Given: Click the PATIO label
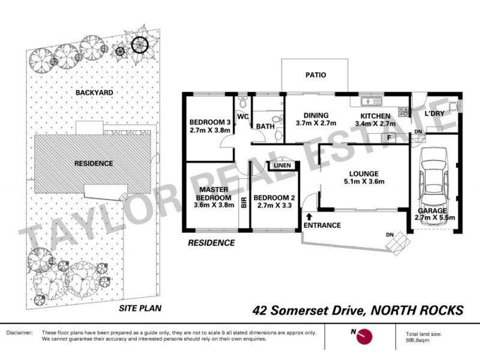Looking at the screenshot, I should click(315, 76).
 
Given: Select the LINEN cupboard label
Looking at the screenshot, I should click(282, 166).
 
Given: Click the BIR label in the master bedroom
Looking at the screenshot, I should click(244, 203).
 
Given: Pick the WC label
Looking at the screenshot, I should click(243, 116).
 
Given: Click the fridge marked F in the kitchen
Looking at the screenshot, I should click(389, 137).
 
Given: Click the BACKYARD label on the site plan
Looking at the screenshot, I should click(94, 93).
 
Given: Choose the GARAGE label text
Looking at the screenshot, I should click(432, 211).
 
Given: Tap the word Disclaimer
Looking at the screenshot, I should click(19, 332).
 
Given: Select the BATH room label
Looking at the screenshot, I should click(265, 127).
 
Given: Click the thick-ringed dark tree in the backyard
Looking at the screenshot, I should click(140, 44).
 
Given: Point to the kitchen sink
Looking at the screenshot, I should click(367, 100).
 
